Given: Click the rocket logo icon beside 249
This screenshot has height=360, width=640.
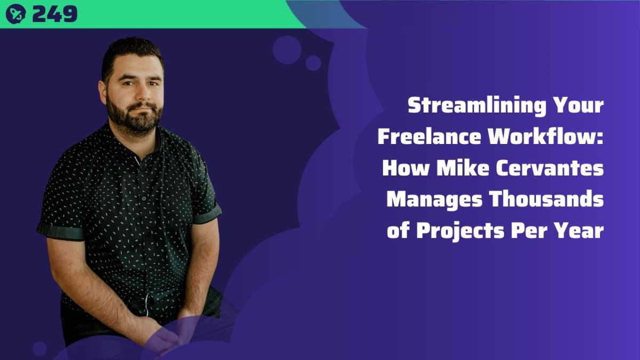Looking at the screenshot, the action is [x=15, y=14].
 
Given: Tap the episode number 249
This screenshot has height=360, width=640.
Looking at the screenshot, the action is [x=55, y=14].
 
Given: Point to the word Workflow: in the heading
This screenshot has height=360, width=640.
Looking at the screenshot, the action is [x=546, y=137].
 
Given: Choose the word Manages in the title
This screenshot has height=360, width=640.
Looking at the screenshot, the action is [x=434, y=199].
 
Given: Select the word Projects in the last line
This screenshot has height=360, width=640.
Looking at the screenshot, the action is [x=460, y=231].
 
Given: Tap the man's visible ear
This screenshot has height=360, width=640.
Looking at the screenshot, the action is [x=102, y=92].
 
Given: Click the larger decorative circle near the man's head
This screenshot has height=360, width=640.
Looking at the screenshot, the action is [x=287, y=50].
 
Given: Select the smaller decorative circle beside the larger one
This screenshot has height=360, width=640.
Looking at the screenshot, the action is [x=314, y=63].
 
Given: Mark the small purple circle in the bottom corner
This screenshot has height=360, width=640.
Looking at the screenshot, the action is [x=39, y=349].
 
